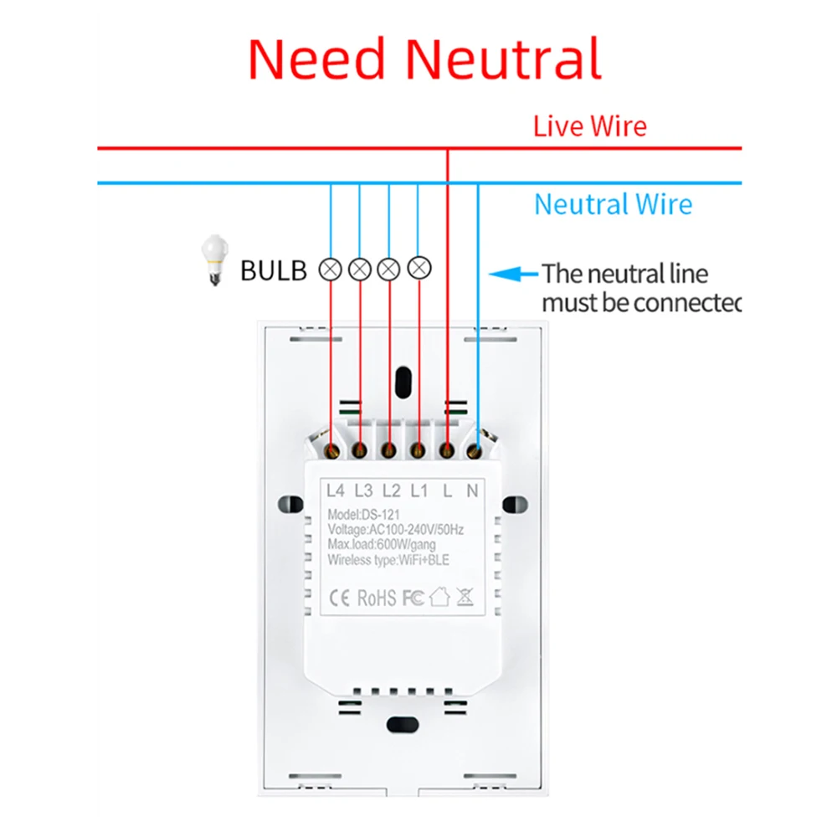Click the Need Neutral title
424,59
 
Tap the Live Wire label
590,126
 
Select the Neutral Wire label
613,204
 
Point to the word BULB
274,270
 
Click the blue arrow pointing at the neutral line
511,273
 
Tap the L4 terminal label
336,490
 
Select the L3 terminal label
363,490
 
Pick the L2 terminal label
391,490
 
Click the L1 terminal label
418,490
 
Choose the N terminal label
472,490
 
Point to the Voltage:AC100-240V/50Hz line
396,530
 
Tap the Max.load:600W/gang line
381,545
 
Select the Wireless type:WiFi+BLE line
388,560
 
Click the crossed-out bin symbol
465,598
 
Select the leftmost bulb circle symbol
331,270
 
